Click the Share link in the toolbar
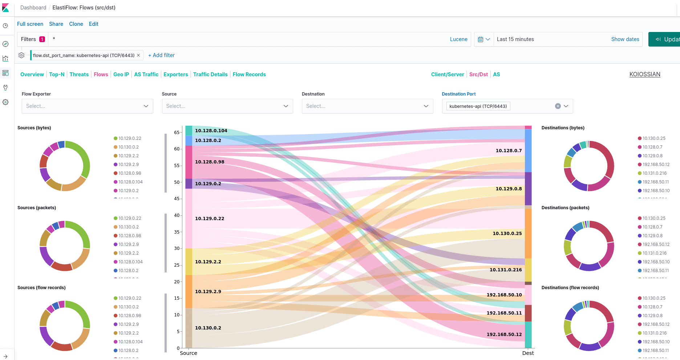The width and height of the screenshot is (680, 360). [56, 24]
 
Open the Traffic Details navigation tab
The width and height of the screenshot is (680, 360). [210, 74]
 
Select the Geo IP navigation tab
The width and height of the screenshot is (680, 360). [121, 74]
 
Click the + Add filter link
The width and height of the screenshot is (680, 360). [162, 55]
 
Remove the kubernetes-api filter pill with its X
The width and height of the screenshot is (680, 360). [138, 55]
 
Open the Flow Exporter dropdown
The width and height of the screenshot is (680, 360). [87, 106]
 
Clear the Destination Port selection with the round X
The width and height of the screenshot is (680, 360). [558, 106]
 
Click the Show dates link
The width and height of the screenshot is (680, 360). [625, 39]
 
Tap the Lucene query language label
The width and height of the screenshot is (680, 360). [458, 39]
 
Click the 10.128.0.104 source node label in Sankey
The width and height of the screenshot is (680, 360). [211, 131]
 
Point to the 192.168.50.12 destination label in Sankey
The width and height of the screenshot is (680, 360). [504, 335]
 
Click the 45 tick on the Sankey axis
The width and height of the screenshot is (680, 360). [177, 199]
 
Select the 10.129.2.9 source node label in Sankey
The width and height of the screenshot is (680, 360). [208, 292]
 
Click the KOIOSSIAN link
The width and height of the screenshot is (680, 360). [644, 74]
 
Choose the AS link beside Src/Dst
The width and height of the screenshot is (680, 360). [496, 74]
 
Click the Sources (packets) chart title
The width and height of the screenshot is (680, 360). [37, 208]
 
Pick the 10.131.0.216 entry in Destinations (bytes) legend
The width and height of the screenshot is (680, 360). [654, 173]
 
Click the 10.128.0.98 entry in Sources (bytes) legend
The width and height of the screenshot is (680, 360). [129, 173]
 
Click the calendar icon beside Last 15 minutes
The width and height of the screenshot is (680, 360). [481, 39]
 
